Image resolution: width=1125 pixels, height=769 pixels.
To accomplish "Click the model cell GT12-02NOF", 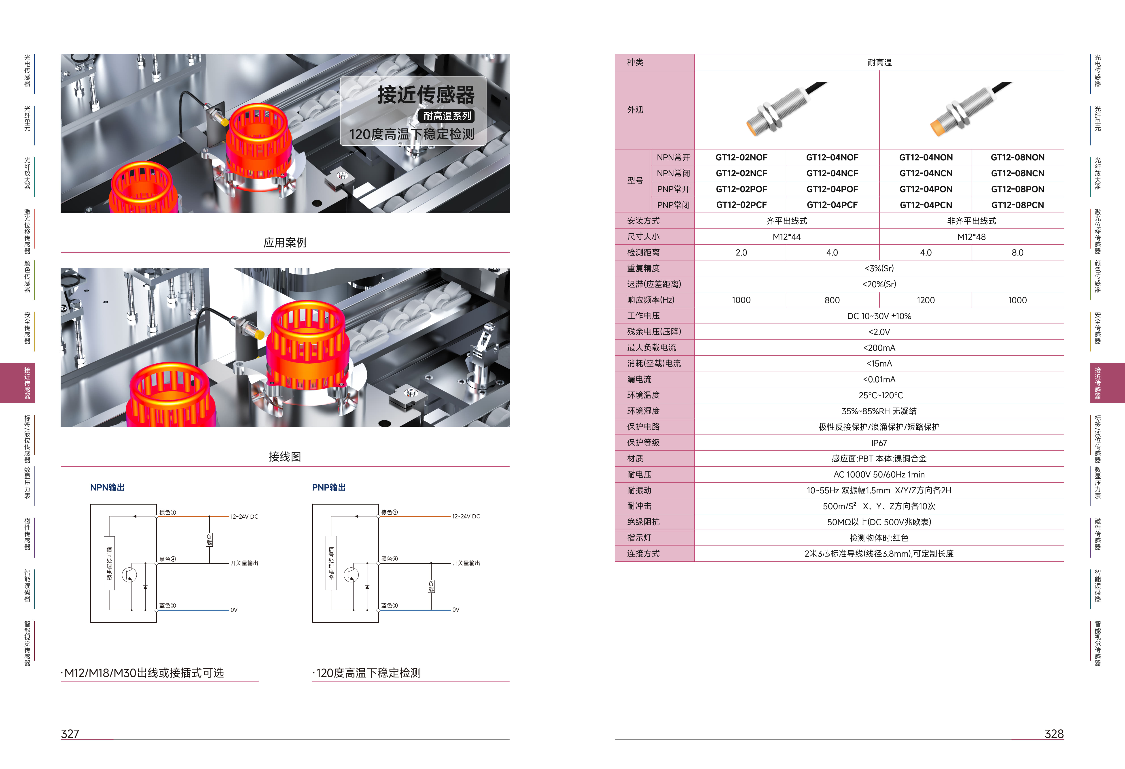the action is click(741, 157).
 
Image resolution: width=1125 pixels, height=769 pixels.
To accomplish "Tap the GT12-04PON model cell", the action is click(926, 189).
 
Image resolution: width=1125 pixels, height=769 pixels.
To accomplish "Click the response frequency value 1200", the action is click(926, 300).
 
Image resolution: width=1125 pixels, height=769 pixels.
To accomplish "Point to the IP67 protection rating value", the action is click(879, 443).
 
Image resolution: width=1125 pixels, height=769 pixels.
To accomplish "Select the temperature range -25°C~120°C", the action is click(879, 395).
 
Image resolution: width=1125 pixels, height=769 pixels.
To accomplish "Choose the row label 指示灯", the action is click(639, 537).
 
